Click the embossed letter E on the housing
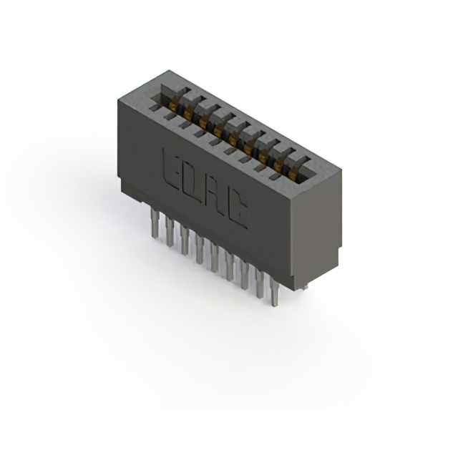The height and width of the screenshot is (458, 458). [170, 169]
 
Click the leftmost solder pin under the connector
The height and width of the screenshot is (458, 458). [155, 221]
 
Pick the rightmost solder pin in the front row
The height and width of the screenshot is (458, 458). [274, 293]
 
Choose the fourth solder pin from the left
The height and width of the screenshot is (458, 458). [200, 249]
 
